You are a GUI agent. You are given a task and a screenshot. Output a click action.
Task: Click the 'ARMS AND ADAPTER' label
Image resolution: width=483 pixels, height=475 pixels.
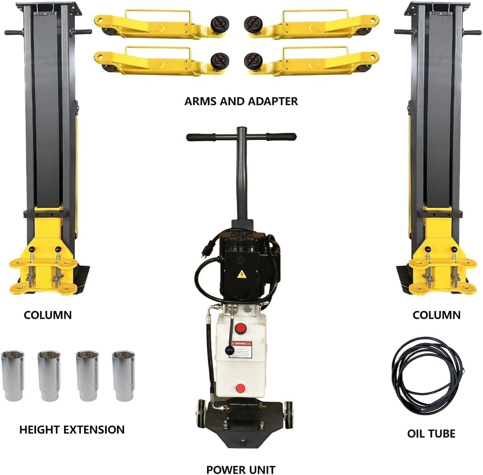pyautogui.click(x=241, y=101)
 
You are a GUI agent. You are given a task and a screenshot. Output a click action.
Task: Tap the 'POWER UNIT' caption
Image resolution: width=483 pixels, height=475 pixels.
pyautogui.click(x=241, y=469)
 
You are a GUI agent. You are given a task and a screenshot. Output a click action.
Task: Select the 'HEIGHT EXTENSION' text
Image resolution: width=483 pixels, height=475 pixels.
pyautogui.click(x=72, y=430)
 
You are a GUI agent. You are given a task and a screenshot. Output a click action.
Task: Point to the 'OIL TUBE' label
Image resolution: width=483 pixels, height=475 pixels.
pyautogui.click(x=431, y=434)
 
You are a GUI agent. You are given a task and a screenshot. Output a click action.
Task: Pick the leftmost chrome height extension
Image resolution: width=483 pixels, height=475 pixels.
pyautogui.click(x=13, y=375)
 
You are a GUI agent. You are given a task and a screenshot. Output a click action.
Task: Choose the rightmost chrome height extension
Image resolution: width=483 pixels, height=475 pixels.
pyautogui.click(x=124, y=375)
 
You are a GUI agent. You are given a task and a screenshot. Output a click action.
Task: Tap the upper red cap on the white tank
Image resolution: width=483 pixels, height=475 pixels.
pyautogui.click(x=240, y=328)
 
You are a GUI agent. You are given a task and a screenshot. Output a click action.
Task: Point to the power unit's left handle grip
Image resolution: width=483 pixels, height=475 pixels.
pyautogui.click(x=201, y=137)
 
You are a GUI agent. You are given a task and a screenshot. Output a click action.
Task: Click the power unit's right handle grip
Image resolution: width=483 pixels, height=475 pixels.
pyautogui.click(x=281, y=136)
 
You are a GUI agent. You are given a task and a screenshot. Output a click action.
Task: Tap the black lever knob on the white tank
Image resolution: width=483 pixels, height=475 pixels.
pyautogui.click(x=228, y=351)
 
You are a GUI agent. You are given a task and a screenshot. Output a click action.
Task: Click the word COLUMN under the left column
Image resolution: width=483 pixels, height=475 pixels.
pyautogui.click(x=48, y=315)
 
